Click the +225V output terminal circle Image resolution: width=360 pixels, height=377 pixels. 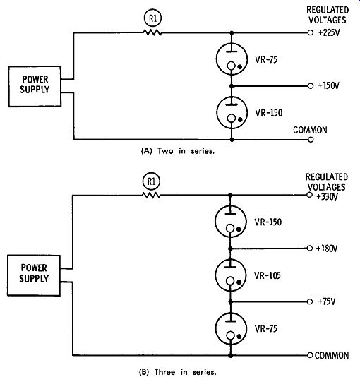pyautogui.click(x=311, y=32)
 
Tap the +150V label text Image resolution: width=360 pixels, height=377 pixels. pyautogui.click(x=328, y=85)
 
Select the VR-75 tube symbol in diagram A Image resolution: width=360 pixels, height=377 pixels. pyautogui.click(x=232, y=59)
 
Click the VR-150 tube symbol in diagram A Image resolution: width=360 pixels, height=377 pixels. pyautogui.click(x=232, y=112)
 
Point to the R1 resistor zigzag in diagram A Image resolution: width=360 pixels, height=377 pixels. pyautogui.click(x=152, y=32)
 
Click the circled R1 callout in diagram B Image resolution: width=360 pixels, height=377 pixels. pyautogui.click(x=151, y=181)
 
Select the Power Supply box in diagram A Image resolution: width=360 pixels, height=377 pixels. pyautogui.click(x=35, y=86)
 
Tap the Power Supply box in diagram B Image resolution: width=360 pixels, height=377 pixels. pyautogui.click(x=34, y=275)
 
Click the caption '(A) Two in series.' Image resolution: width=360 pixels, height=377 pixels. pyautogui.click(x=178, y=151)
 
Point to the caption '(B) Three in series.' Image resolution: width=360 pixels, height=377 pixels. pyautogui.click(x=178, y=372)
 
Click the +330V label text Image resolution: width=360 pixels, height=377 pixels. pyautogui.click(x=327, y=197)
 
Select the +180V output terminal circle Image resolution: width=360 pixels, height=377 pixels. pyautogui.click(x=310, y=248)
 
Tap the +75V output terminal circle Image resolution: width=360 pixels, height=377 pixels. pyautogui.click(x=310, y=301)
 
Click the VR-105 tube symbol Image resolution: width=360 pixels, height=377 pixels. pyautogui.click(x=230, y=275)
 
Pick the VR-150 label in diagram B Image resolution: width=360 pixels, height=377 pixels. pyautogui.click(x=268, y=222)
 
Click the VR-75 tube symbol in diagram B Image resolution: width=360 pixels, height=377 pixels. pyautogui.click(x=231, y=329)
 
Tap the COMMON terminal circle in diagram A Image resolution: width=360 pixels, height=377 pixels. pyautogui.click(x=311, y=140)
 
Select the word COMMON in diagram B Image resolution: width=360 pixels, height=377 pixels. pyautogui.click(x=332, y=355)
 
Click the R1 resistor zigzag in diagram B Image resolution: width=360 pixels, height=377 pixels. pyautogui.click(x=151, y=195)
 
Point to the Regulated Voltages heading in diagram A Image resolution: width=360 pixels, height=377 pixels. pyautogui.click(x=328, y=15)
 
